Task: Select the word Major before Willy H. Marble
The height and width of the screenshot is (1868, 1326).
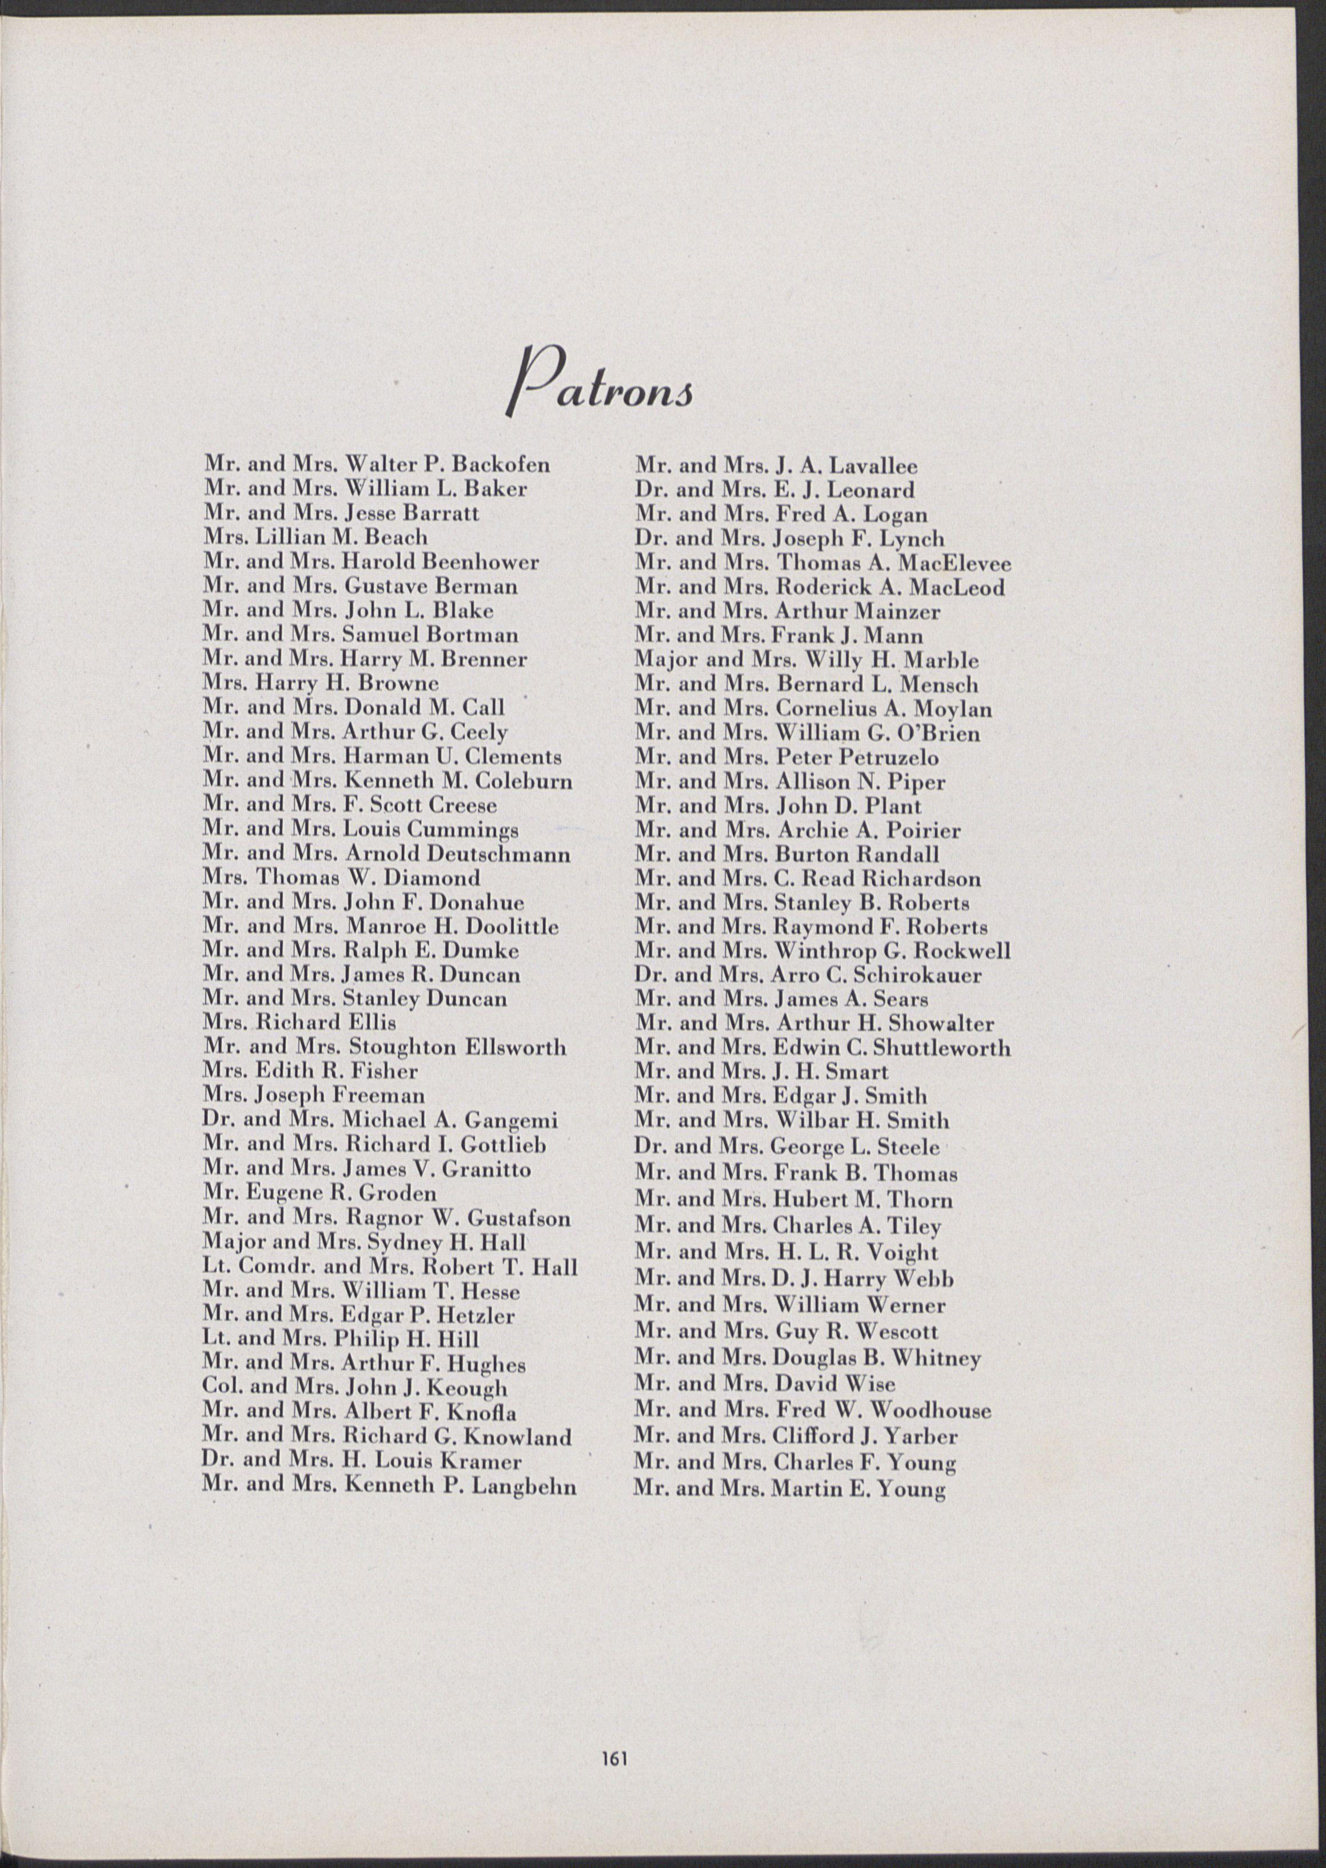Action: pyautogui.click(x=657, y=660)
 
